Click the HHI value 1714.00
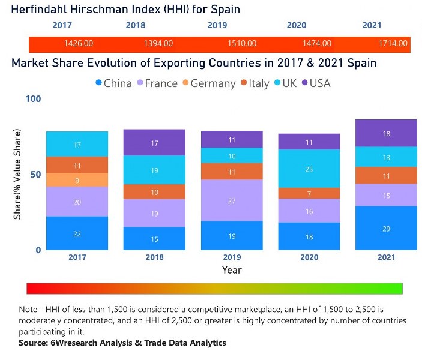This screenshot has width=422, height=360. (x=393, y=44)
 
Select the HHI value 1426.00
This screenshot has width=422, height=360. (x=78, y=44)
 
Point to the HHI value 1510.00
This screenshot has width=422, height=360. (x=242, y=44)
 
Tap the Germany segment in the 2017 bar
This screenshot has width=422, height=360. (x=77, y=180)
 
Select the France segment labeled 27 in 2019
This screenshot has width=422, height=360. (x=231, y=200)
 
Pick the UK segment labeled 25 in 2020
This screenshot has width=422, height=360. (x=309, y=169)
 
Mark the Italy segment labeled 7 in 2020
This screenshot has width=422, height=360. (x=309, y=194)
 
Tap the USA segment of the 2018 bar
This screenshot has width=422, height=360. (x=154, y=143)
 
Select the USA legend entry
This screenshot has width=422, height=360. (x=315, y=83)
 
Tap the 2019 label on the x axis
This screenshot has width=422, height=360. (x=231, y=257)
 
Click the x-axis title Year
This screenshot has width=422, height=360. (x=232, y=270)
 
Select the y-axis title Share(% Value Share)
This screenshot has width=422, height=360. (x=17, y=174)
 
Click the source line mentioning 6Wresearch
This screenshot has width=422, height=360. (x=122, y=343)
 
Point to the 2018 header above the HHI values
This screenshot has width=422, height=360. (x=135, y=25)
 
